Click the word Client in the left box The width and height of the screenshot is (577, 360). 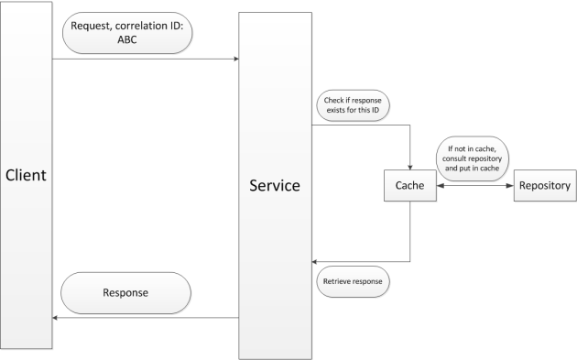click(26, 175)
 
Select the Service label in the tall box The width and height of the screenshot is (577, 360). click(275, 185)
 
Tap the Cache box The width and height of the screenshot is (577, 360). click(409, 186)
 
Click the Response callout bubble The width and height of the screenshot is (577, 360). click(127, 292)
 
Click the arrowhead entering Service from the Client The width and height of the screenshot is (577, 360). click(235, 60)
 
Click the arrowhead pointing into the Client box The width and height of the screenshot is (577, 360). click(57, 318)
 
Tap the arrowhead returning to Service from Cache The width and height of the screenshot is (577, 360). click(316, 261)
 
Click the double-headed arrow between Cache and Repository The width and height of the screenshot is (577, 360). click(476, 187)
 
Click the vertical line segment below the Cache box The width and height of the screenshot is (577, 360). click(409, 234)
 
